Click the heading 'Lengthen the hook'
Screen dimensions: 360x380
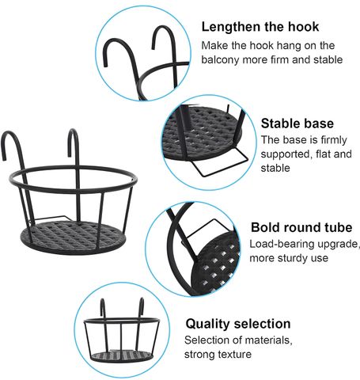(x=260, y=28)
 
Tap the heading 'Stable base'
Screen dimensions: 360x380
(x=297, y=123)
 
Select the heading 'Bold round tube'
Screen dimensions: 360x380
(x=301, y=227)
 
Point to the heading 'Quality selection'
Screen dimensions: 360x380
(x=238, y=324)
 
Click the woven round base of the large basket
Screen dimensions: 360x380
(x=74, y=237)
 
